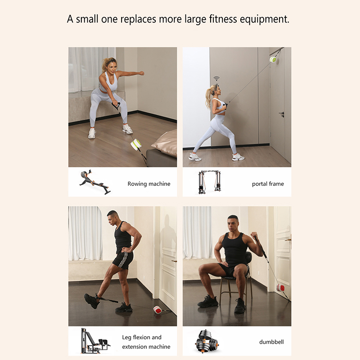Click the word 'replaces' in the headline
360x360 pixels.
[x=138, y=19]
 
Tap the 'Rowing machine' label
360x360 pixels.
[x=149, y=184]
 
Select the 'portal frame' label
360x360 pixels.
[x=268, y=184]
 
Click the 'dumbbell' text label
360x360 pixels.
[x=272, y=342]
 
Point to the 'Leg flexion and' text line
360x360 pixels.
[x=142, y=337]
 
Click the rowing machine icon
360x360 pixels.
[x=95, y=182]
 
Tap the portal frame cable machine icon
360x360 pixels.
[x=209, y=182]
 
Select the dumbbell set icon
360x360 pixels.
[x=207, y=342]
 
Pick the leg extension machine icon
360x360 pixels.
[x=95, y=341]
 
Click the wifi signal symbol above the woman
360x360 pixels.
[x=216, y=78]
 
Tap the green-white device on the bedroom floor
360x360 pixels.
[x=136, y=144]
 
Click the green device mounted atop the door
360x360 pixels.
[x=273, y=60]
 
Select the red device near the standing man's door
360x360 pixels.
[x=158, y=310]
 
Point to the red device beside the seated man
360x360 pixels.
[x=280, y=288]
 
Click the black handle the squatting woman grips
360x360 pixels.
[x=116, y=106]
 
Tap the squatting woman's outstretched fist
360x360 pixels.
[x=142, y=73]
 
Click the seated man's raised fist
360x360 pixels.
[x=254, y=235]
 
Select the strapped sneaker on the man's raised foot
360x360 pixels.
[x=92, y=301]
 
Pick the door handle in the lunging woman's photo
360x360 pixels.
[x=282, y=114]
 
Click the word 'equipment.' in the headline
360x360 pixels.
[x=265, y=19]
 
